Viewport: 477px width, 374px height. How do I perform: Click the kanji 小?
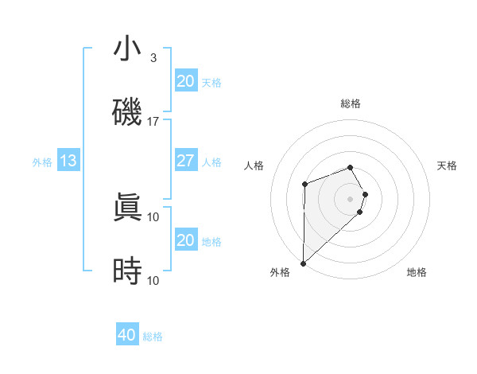point(127,49)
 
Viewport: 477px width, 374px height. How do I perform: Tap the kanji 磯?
point(127,112)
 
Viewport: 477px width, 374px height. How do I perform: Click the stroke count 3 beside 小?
point(153,58)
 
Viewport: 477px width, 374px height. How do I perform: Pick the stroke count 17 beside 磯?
point(153,122)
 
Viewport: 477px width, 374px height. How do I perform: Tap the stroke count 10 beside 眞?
point(153,216)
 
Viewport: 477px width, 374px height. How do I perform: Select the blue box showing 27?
point(185,161)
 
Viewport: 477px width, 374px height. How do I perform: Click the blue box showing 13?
point(68,161)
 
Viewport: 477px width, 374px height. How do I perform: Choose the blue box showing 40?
point(127,335)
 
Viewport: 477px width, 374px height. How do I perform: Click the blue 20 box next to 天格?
point(185,81)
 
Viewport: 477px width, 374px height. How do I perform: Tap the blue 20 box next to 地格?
point(185,240)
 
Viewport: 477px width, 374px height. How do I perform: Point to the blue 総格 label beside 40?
point(153,337)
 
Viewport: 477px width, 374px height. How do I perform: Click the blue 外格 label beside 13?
point(42,162)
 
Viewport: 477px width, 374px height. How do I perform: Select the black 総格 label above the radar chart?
point(350,103)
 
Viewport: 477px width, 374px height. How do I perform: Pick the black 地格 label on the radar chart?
point(417,273)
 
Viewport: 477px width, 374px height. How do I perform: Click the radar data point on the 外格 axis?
point(303,263)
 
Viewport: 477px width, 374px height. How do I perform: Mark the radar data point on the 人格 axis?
point(304,185)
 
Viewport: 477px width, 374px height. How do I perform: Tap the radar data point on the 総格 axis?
point(350,167)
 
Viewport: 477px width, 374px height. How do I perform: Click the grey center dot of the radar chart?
point(350,198)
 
